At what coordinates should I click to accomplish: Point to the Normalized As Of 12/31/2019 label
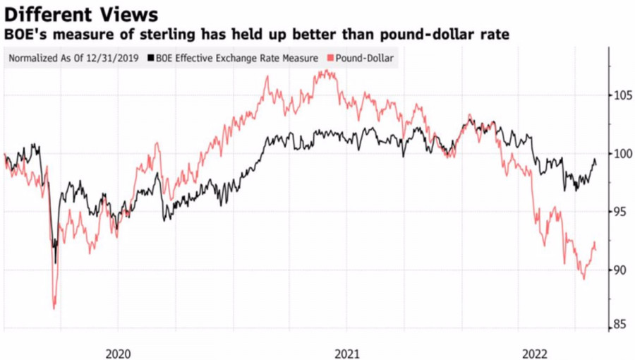74,59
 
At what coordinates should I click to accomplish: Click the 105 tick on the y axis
620,95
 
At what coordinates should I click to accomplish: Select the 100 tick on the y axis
620,154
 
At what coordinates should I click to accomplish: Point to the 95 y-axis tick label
620,212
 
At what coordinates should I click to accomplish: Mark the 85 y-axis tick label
620,325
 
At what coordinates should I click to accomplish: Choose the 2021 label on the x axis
346,352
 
